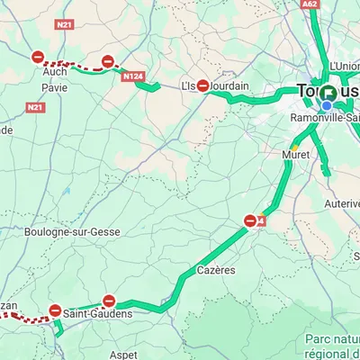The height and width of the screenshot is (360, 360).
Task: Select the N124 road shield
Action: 132,77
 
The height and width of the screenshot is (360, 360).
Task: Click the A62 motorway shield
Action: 309,4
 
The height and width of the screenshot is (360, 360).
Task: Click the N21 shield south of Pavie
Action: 35,107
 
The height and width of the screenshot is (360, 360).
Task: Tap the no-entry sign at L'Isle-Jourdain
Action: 203,86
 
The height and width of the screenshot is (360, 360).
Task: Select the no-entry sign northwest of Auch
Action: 38,57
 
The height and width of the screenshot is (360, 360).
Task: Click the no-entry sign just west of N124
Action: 107,62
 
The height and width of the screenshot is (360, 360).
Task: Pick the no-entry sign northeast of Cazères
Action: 250,220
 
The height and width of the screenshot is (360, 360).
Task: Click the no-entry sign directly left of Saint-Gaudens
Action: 55,310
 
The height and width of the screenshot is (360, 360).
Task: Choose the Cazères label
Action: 216,269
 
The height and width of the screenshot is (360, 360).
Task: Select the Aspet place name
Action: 122,355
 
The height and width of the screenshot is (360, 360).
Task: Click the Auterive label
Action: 342,203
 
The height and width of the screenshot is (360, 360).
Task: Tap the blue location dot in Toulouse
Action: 327,104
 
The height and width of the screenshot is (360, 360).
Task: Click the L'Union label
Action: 345,66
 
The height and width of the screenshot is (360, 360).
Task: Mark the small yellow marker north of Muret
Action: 294,147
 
